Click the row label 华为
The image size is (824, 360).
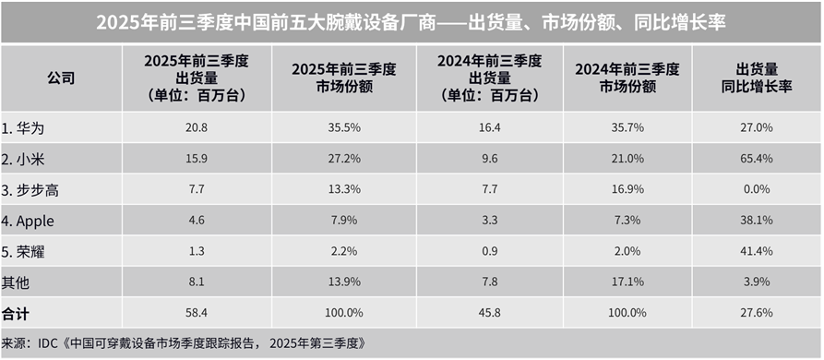point(24,127)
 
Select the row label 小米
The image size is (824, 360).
point(24,157)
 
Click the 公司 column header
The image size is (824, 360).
point(61,78)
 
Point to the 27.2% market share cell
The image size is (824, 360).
point(333,158)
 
